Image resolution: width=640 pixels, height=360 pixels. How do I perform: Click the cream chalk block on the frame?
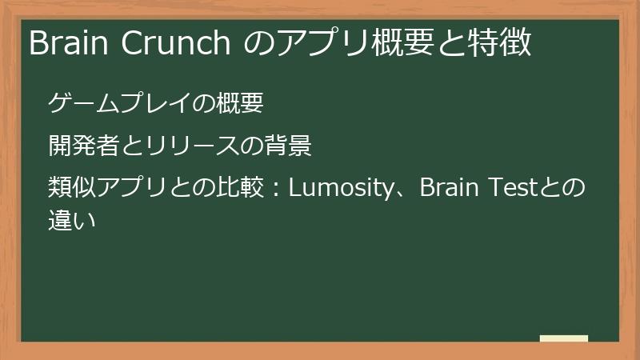564,338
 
